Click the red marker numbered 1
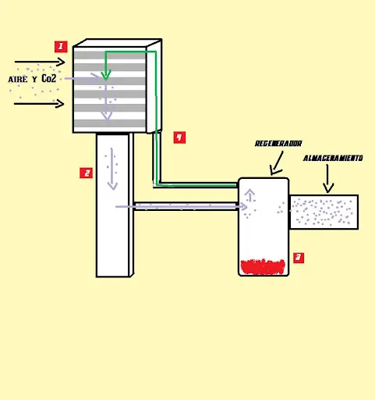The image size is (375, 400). click(61, 47)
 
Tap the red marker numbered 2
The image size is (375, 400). click(86, 173)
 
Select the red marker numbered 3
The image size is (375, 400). click(299, 258)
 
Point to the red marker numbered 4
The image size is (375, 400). click(179, 137)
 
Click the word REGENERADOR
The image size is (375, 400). click(278, 144)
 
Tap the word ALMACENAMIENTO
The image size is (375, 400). click(333, 158)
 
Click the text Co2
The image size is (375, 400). click(48, 78)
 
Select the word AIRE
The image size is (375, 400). click(18, 79)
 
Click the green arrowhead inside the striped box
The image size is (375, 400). click(106, 75)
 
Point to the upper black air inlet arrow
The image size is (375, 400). click(40, 62)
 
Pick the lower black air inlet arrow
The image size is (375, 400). click(39, 104)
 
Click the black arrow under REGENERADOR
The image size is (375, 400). click(277, 163)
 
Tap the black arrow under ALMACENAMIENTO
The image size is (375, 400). click(327, 179)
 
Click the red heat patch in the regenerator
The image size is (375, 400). click(263, 266)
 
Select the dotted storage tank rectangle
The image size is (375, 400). click(324, 212)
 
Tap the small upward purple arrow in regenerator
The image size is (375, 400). click(250, 195)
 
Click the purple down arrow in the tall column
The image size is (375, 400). click(112, 169)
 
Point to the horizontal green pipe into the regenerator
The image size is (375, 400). click(197, 185)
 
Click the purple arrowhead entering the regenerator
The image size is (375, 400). click(243, 207)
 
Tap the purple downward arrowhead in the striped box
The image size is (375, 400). click(107, 116)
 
